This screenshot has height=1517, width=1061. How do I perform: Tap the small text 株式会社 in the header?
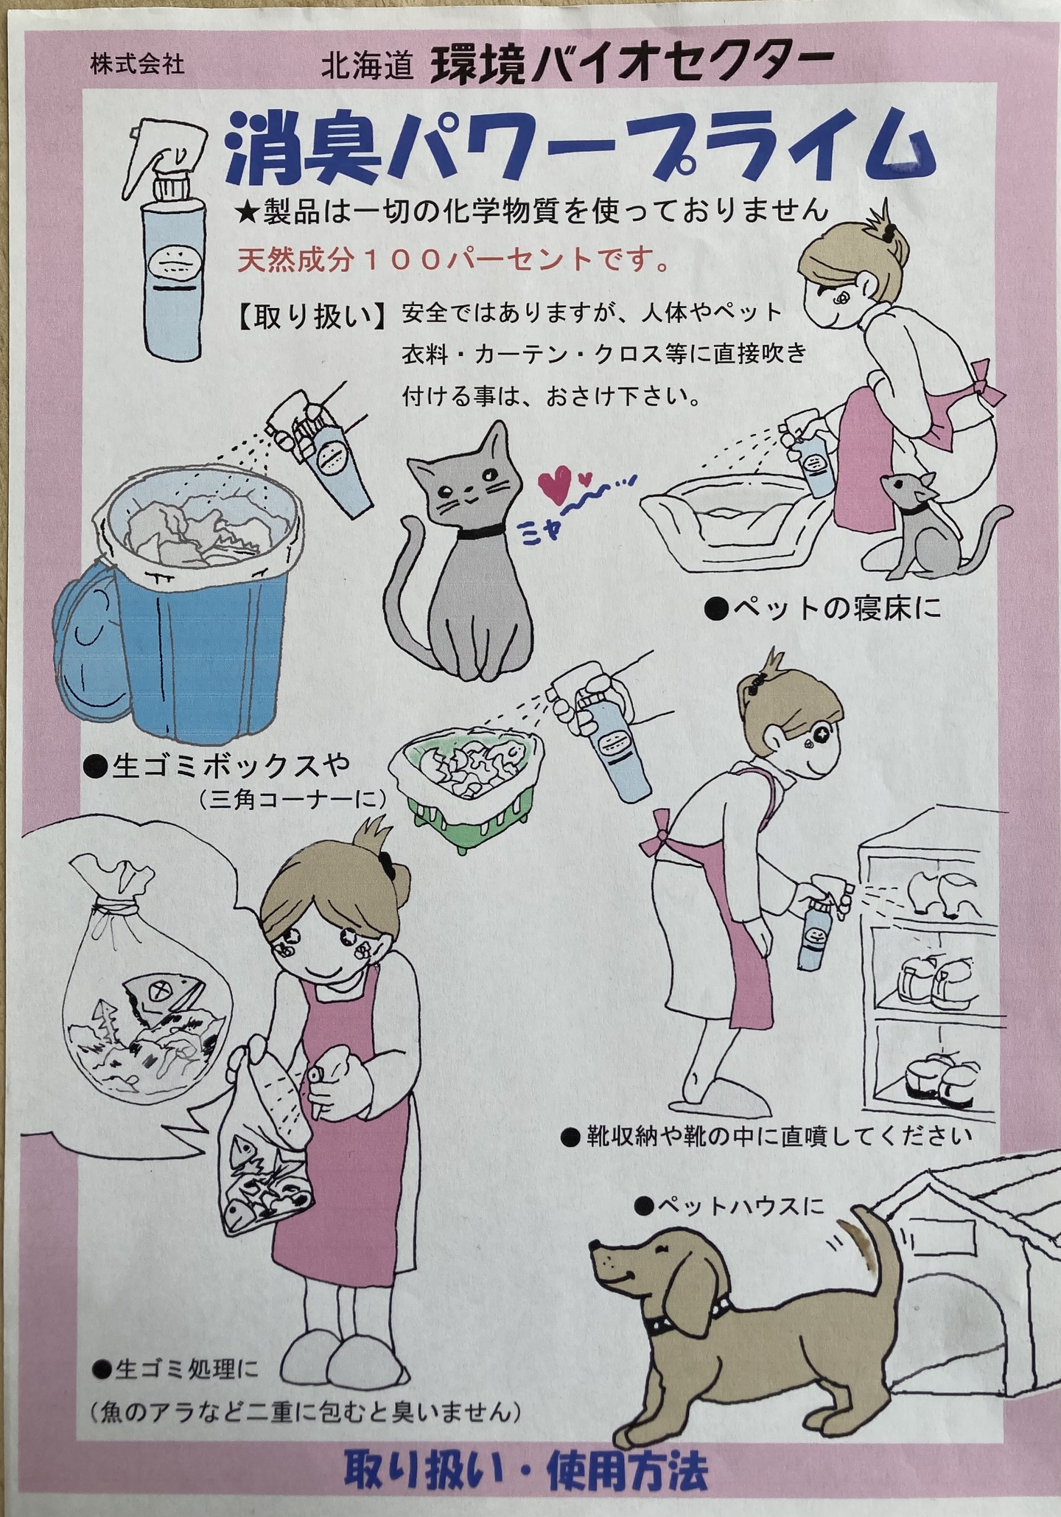[x=138, y=65]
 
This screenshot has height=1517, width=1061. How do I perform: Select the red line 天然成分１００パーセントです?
[x=453, y=259]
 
